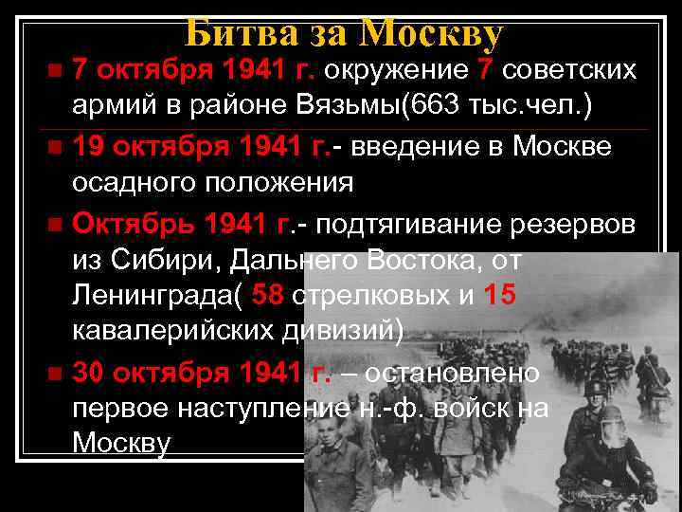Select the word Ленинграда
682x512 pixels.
click(151, 296)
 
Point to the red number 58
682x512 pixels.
click(269, 296)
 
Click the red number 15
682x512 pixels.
click(499, 296)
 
